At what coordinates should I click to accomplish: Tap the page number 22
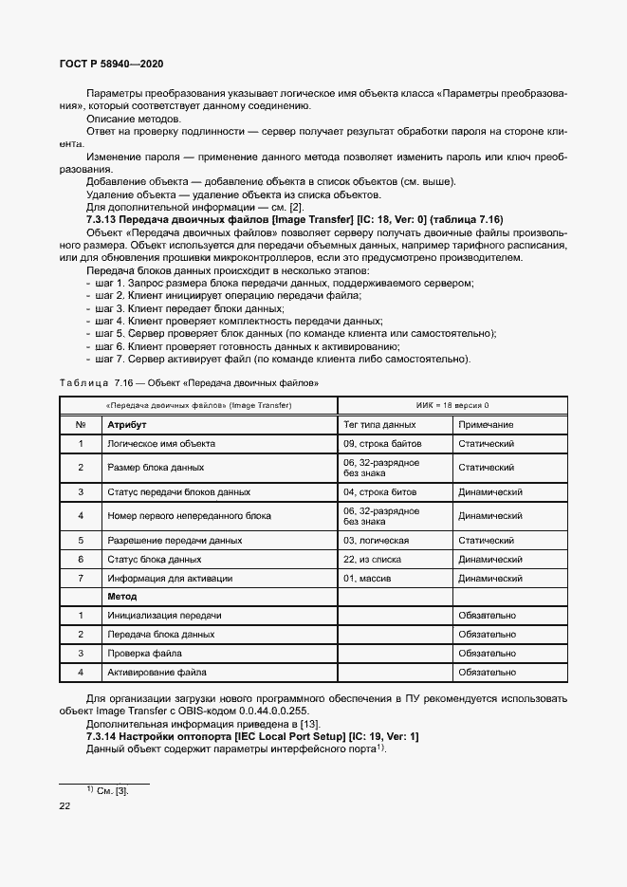coord(65,805)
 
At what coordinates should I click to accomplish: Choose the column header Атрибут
coord(126,425)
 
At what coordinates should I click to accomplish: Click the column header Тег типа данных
coord(379,425)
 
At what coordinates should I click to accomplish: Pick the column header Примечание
coord(486,425)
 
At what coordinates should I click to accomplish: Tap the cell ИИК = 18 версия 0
coord(453,405)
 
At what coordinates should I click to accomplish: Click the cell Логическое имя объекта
coord(161,444)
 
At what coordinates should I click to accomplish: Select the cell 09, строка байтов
coord(380,444)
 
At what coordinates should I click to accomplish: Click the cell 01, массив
coord(368,578)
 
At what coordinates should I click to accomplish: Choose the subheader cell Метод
coord(122,597)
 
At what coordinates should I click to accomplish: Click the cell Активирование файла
coord(157,672)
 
